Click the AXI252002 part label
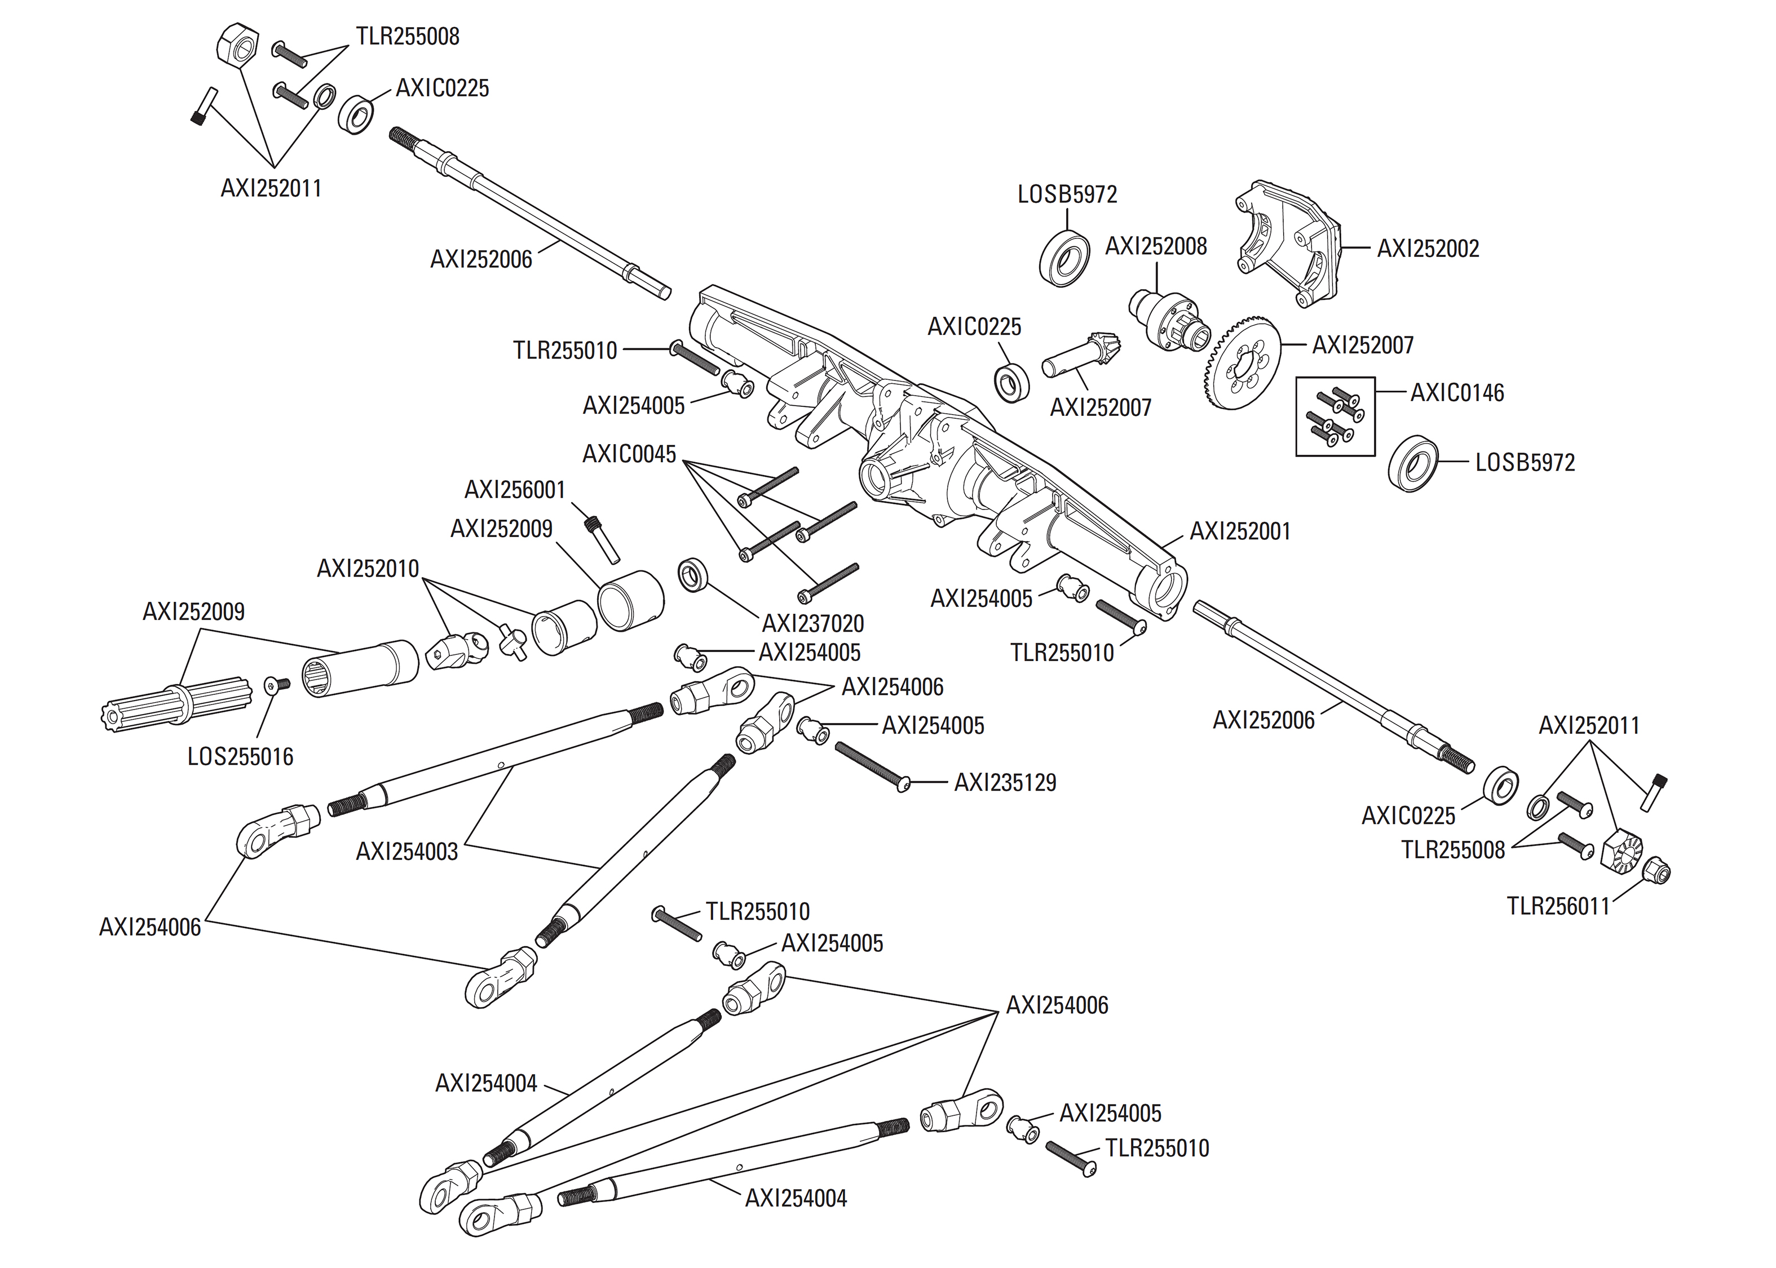(x=1427, y=249)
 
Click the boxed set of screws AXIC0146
(x=1335, y=416)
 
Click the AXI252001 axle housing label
(x=1239, y=531)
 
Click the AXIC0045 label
(x=629, y=454)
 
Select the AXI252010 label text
(x=367, y=569)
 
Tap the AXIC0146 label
(x=1456, y=393)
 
